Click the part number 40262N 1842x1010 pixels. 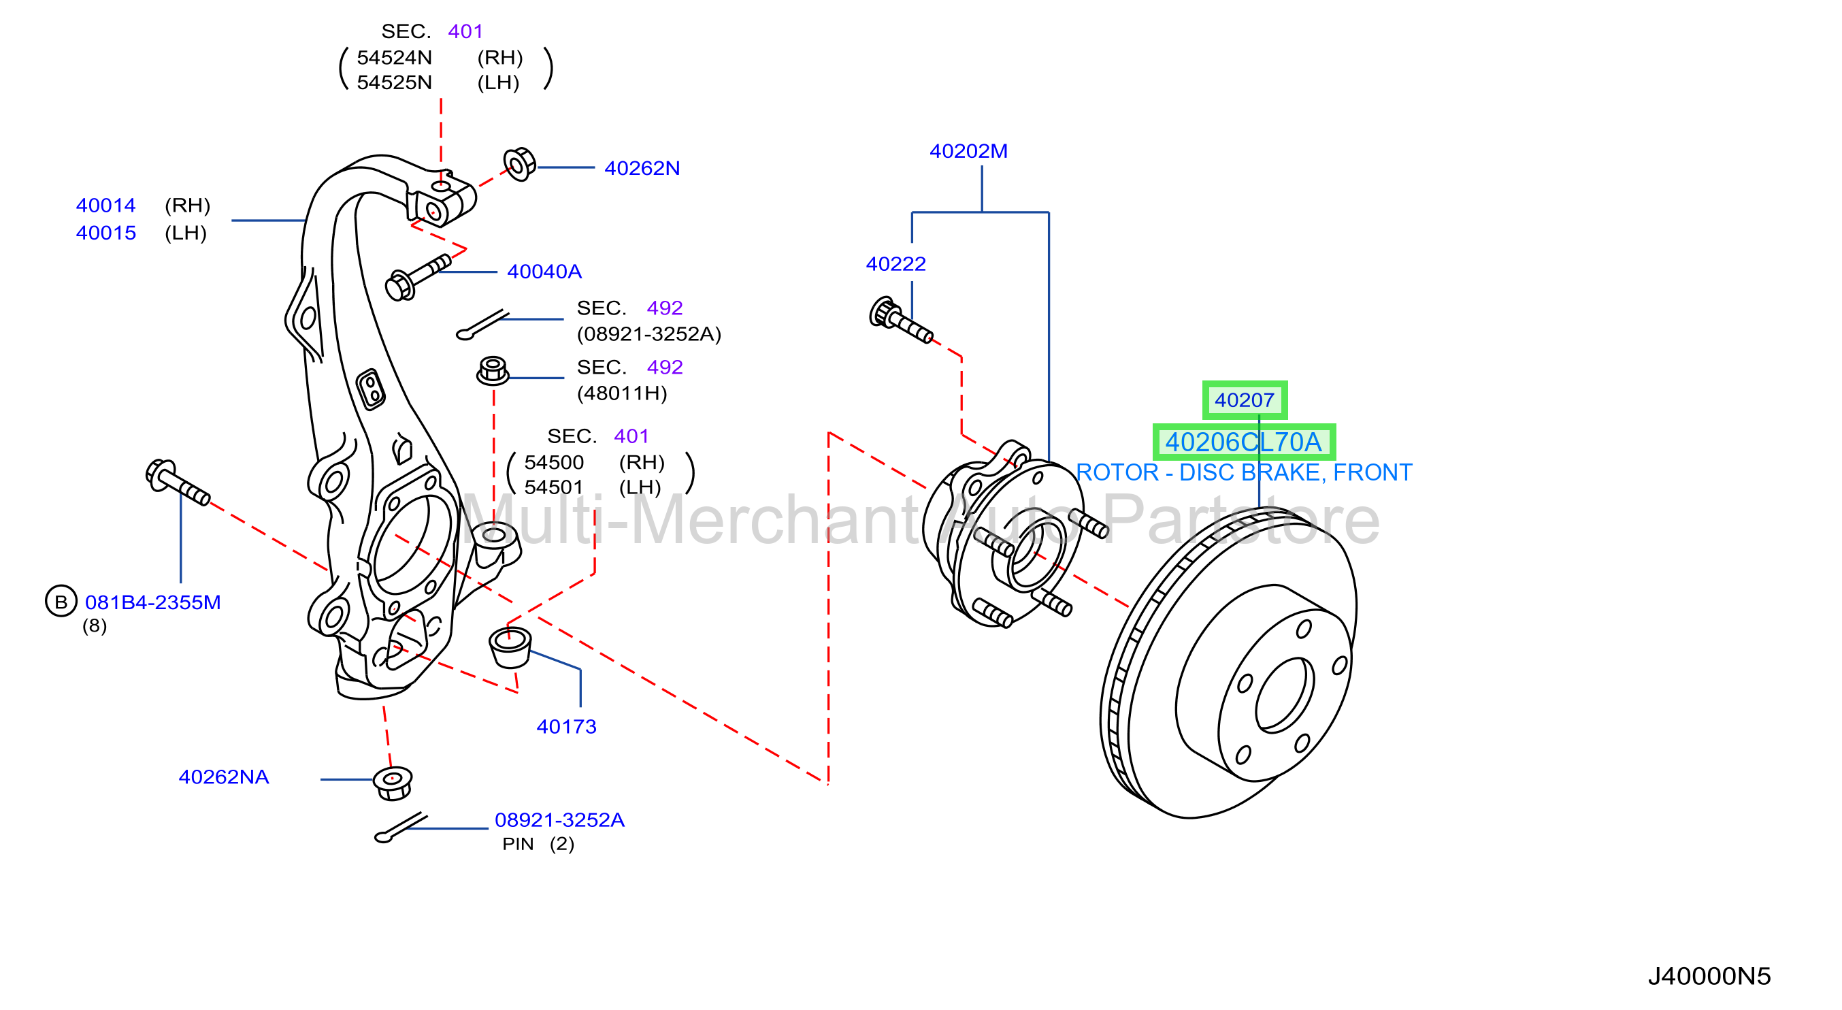(642, 168)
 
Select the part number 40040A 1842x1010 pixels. (544, 272)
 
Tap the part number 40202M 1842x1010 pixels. (968, 151)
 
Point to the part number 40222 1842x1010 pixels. (895, 264)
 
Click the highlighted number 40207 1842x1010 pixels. (1244, 400)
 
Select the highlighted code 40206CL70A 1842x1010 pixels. (1243, 442)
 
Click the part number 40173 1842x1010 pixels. (566, 727)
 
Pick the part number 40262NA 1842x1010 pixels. (224, 777)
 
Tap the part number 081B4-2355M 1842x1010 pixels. (153, 602)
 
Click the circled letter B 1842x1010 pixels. (61, 602)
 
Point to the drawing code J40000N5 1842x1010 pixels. (1709, 977)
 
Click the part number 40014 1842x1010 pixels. (106, 206)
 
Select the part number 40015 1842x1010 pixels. (106, 233)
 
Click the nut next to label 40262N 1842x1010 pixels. (520, 165)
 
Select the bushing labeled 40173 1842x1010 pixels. (510, 647)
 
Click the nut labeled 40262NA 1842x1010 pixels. (393, 783)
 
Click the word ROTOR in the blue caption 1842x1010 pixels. (1117, 473)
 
